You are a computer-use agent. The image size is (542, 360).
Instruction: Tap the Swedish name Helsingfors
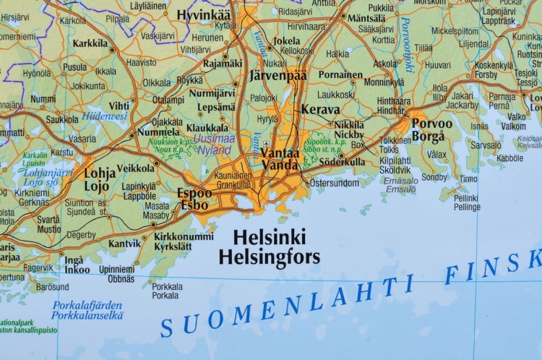[269, 257]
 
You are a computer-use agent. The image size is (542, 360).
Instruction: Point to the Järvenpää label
[278, 75]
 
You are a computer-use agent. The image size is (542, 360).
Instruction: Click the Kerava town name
[319, 110]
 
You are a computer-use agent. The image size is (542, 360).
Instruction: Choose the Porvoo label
[432, 123]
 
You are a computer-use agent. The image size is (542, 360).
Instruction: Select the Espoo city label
[195, 193]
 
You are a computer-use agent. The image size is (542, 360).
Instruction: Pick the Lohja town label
[100, 173]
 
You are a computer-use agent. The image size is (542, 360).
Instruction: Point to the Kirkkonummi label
[184, 236]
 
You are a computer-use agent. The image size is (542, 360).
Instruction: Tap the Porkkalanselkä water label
[87, 315]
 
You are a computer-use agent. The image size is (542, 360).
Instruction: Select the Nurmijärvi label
[212, 93]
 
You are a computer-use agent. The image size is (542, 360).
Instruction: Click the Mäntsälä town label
[366, 17]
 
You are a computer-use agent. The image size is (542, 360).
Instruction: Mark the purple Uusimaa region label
[215, 139]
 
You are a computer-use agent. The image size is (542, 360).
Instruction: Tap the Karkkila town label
[90, 43]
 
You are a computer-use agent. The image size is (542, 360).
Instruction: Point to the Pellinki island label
[466, 197]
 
